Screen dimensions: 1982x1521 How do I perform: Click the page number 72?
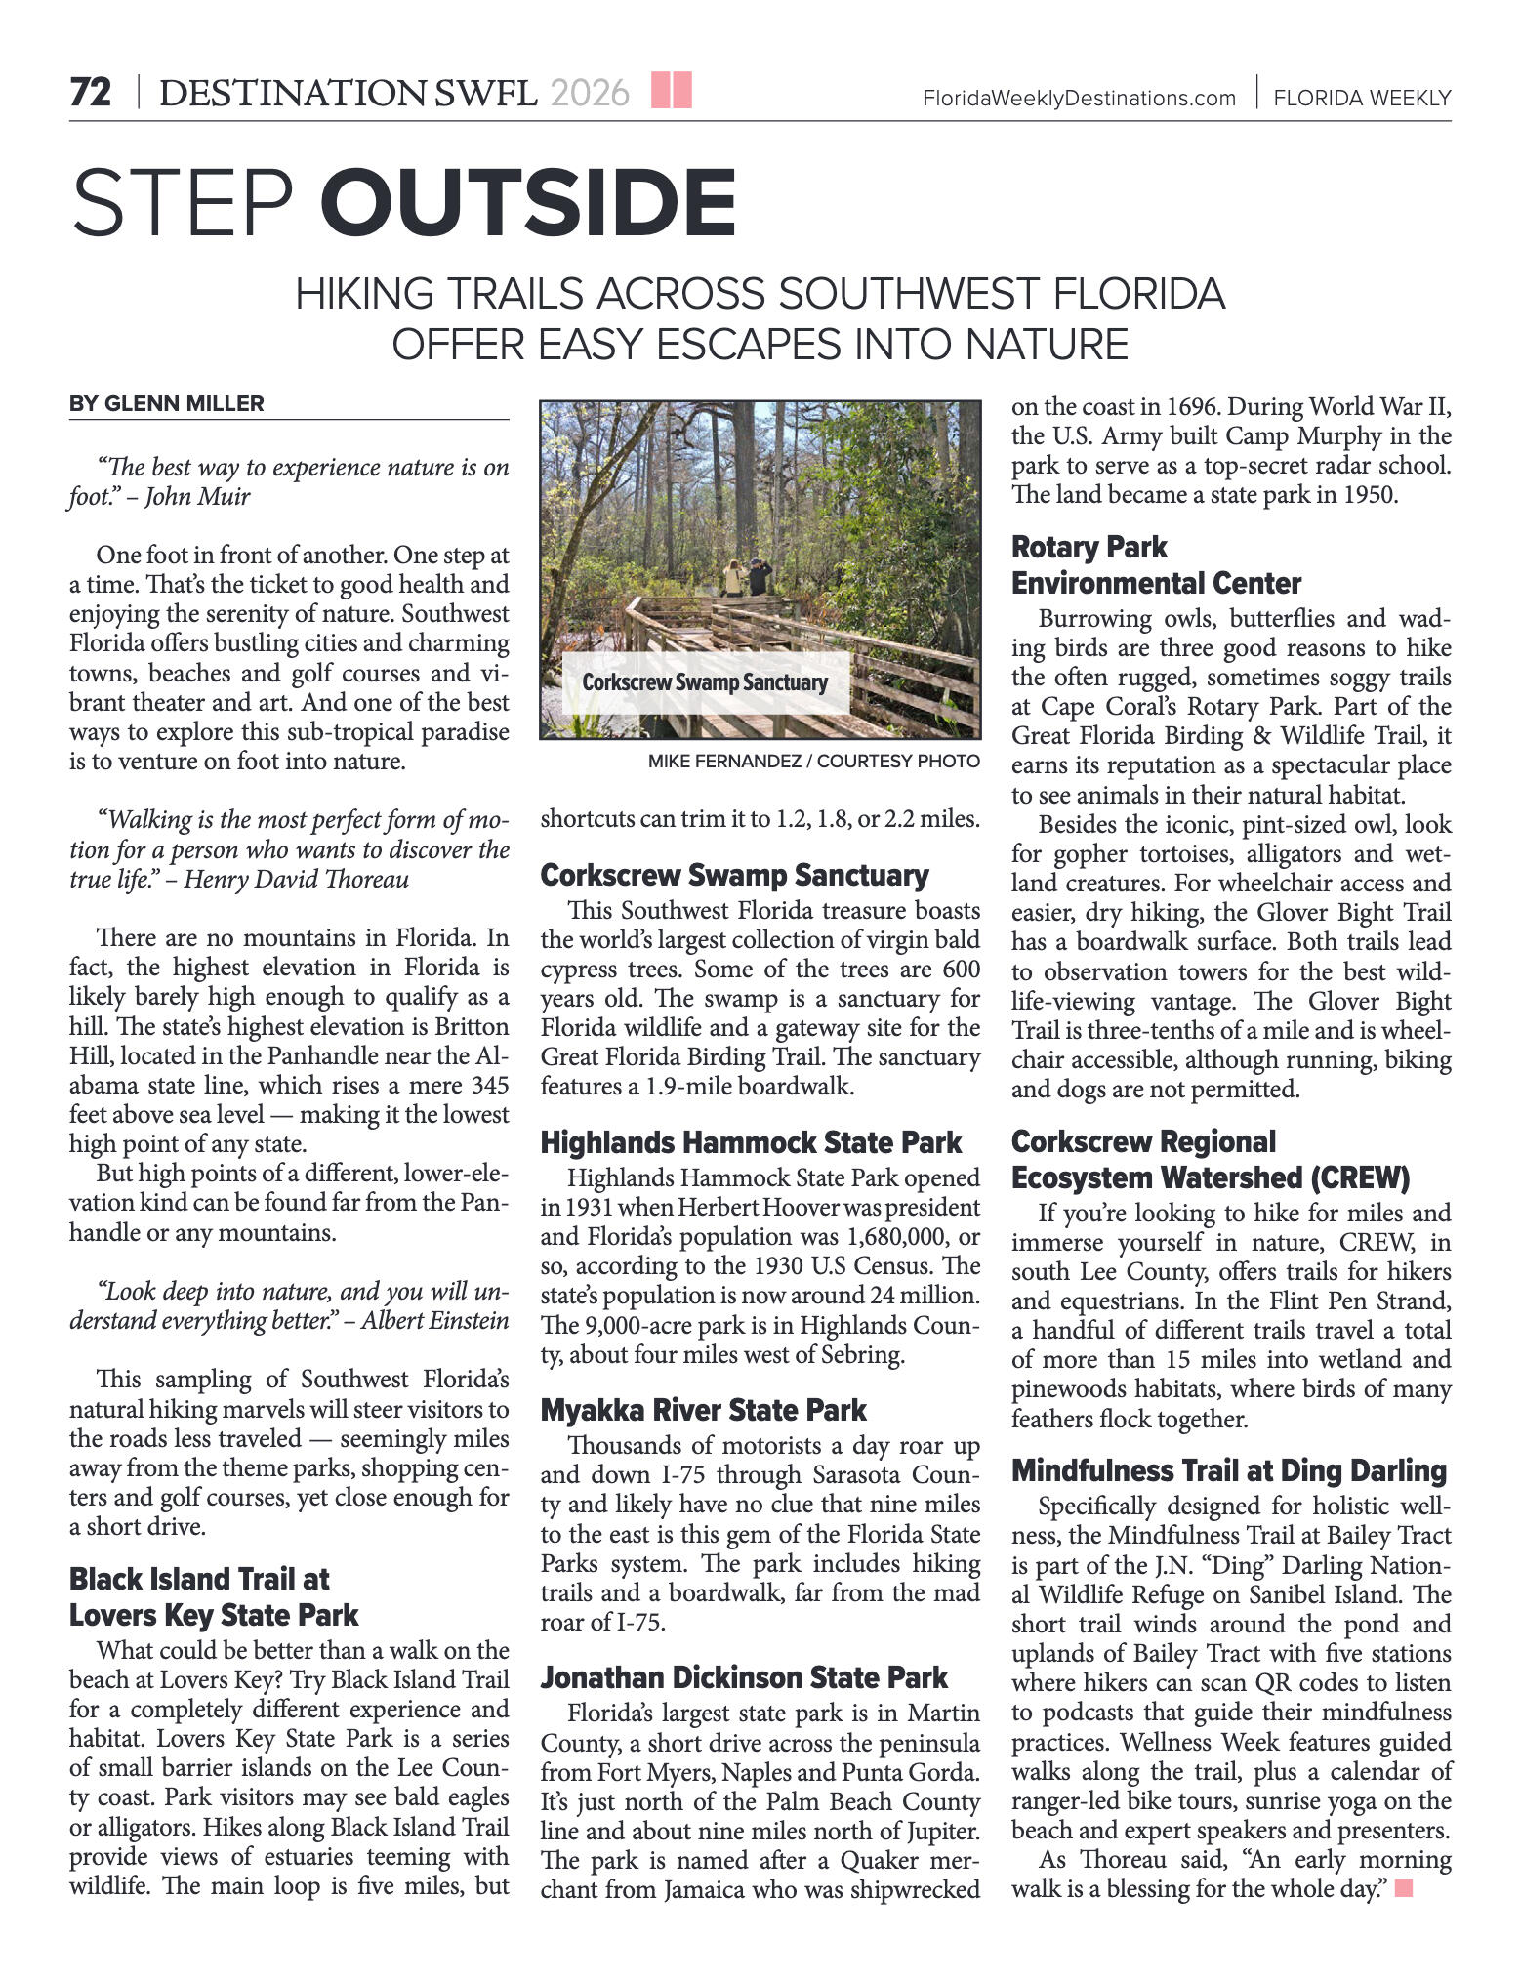(x=91, y=94)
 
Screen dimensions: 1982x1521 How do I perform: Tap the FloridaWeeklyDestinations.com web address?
(x=1079, y=99)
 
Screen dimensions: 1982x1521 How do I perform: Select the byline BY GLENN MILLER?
(x=166, y=404)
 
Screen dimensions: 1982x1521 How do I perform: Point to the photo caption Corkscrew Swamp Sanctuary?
(x=705, y=682)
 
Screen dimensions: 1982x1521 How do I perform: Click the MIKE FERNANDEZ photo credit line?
(x=813, y=762)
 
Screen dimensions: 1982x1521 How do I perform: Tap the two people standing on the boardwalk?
(x=747, y=576)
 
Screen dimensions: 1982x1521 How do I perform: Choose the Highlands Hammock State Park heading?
(x=751, y=1142)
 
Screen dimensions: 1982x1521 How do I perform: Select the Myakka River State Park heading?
(x=703, y=1410)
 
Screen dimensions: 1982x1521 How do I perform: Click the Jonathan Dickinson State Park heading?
(x=744, y=1677)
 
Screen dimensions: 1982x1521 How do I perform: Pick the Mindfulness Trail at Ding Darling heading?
(x=1228, y=1470)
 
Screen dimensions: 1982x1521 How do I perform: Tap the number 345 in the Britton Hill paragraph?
(x=489, y=1085)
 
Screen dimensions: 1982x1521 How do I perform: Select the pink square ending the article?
(x=1404, y=1888)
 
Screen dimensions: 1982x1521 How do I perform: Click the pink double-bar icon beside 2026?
(x=672, y=90)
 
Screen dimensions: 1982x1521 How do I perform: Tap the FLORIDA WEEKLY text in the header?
(x=1362, y=99)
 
